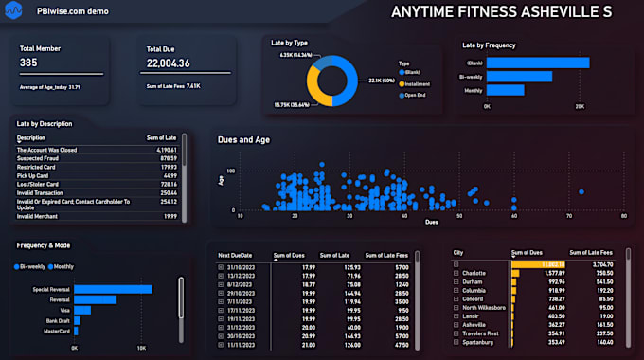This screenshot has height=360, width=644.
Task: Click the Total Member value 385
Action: pos(28,63)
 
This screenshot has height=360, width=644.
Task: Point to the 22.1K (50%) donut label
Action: pos(382,80)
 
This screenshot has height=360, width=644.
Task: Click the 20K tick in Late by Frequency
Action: pos(580,107)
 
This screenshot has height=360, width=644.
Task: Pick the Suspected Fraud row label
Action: pos(38,158)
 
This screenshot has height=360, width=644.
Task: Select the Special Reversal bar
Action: pos(113,289)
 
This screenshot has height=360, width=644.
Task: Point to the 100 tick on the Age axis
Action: pos(230,171)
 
